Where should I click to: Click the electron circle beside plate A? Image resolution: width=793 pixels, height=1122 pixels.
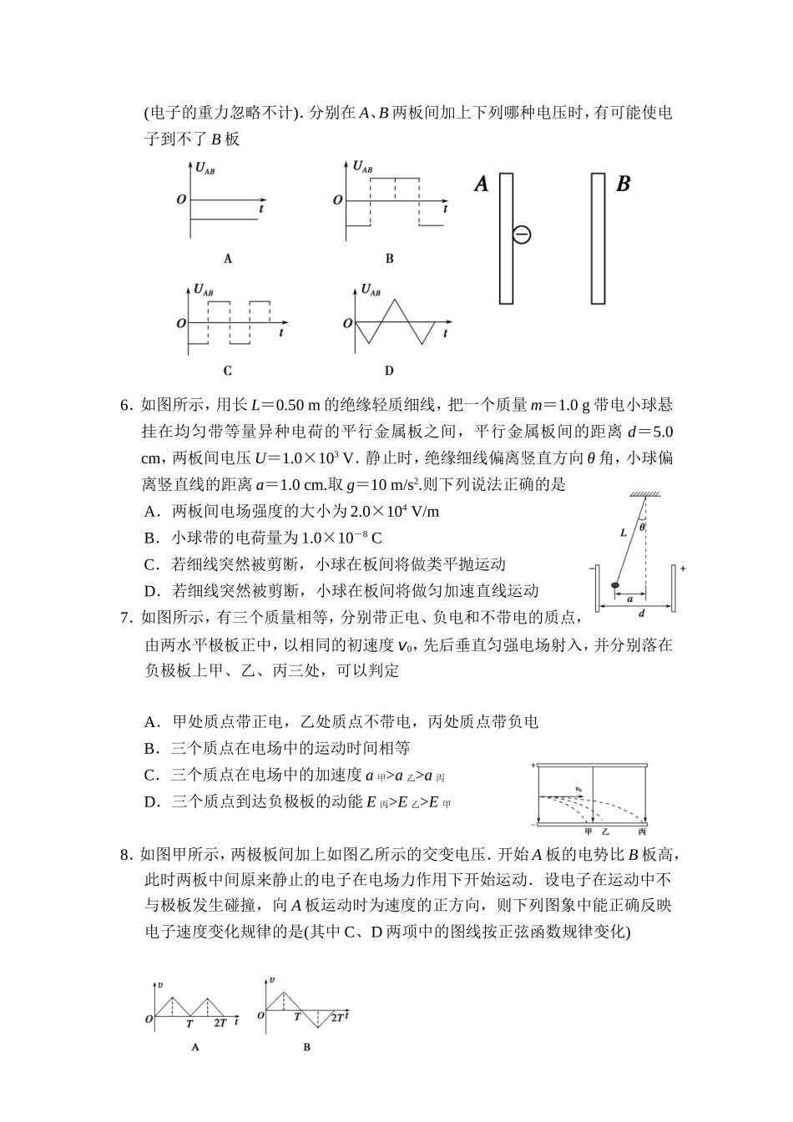[522, 235]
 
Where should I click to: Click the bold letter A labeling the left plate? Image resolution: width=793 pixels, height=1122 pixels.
[482, 184]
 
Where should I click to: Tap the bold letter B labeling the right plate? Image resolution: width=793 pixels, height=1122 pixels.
[623, 184]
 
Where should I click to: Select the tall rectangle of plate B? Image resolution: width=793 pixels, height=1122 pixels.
[597, 238]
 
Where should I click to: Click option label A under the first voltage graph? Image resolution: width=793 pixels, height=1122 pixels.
[228, 259]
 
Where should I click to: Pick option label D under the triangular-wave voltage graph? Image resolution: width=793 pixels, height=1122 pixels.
[389, 371]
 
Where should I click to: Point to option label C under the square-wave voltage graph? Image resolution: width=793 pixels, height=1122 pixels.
[228, 371]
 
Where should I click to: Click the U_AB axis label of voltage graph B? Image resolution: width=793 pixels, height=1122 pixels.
[362, 167]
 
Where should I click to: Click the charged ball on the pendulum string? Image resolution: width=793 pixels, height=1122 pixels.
[615, 585]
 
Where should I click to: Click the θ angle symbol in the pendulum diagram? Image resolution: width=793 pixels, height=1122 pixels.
[642, 527]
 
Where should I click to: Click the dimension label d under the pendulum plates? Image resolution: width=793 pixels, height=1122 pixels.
[640, 614]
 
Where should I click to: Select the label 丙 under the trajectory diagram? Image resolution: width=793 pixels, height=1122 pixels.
[641, 831]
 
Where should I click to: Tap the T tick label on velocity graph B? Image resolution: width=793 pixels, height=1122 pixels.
[297, 1017]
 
